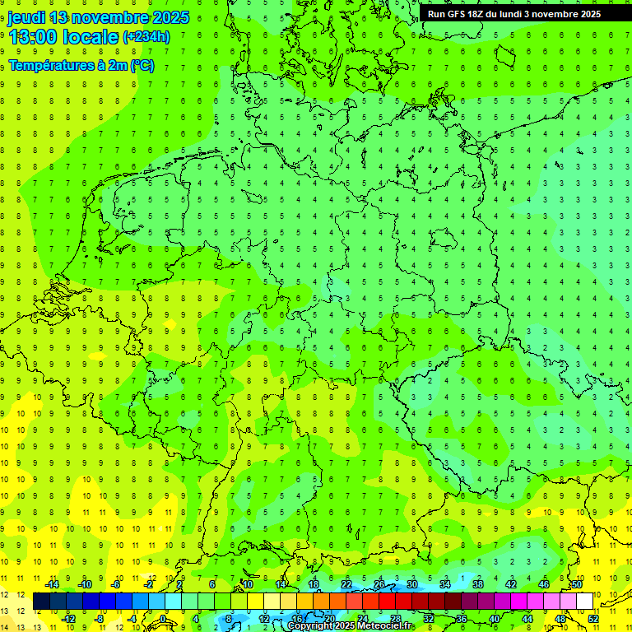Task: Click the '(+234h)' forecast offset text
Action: pos(146,37)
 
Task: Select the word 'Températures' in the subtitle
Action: pos(51,66)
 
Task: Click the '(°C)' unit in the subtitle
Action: pos(141,66)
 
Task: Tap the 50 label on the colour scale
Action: pos(577,584)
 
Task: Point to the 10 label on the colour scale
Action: pos(248,584)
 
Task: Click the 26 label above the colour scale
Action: pos(379,584)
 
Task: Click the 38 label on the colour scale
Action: pos(478,584)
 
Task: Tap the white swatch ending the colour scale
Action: pos(585,602)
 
